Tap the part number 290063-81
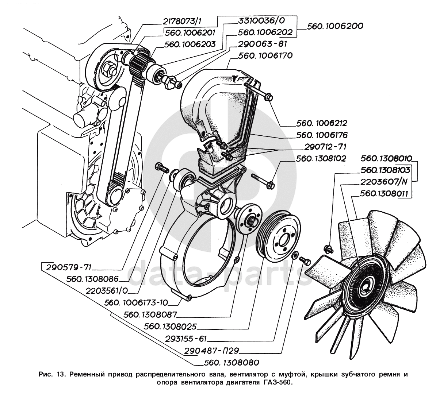coord(262,44)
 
